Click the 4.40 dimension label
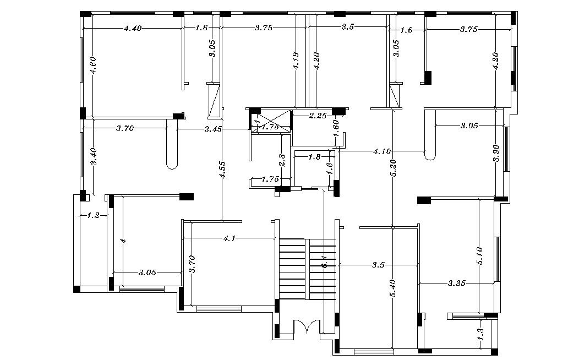(x=133, y=28)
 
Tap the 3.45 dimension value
(x=213, y=129)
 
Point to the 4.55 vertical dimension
(x=221, y=170)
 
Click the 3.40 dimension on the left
(x=94, y=156)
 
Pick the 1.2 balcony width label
(x=93, y=216)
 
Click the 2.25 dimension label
(x=318, y=116)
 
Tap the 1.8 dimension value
(x=314, y=157)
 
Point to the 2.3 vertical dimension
(x=282, y=160)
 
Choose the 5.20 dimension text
(x=392, y=168)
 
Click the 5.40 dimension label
(x=392, y=288)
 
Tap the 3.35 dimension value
(x=457, y=283)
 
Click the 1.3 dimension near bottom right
(x=480, y=334)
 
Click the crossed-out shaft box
(x=271, y=122)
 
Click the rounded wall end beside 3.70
(x=172, y=163)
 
